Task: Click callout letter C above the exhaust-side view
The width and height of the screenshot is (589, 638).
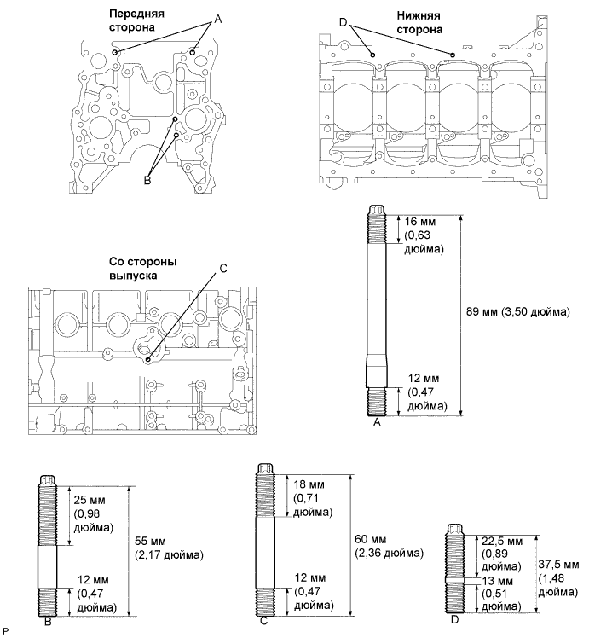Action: click(x=223, y=267)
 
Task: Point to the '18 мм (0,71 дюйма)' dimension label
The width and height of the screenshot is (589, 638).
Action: click(x=312, y=497)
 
